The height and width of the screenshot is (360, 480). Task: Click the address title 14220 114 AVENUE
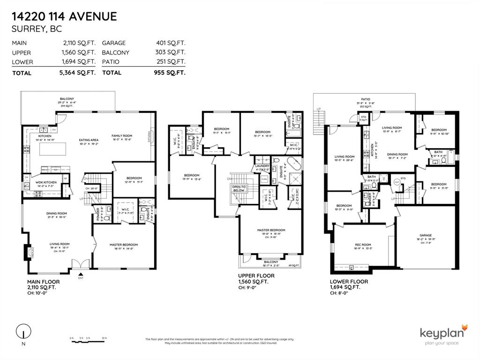(64, 17)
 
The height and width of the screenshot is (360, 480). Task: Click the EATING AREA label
(88, 140)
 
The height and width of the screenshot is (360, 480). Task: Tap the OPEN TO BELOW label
(239, 189)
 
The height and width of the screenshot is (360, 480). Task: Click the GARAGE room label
(426, 235)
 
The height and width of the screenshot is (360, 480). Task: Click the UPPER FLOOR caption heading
(256, 276)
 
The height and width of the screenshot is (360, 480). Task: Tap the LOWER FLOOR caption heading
(349, 282)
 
